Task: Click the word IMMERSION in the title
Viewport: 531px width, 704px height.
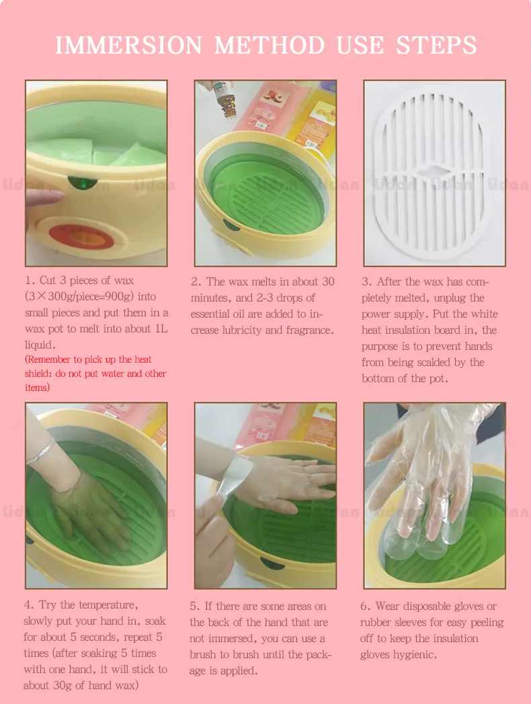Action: tap(129, 46)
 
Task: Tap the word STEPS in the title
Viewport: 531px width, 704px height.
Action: tap(436, 46)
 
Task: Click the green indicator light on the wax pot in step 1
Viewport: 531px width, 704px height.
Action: tap(83, 183)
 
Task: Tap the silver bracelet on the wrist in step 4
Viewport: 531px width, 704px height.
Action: tap(40, 451)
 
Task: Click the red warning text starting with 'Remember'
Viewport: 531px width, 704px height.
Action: tap(95, 373)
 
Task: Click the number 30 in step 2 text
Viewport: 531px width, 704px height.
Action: tap(328, 281)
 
